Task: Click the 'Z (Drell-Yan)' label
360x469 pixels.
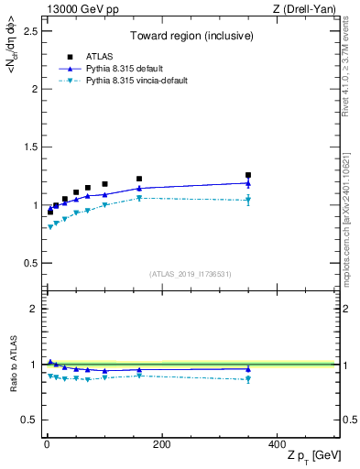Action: pyautogui.click(x=309, y=9)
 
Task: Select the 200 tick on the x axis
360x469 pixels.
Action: pyautogui.click(x=161, y=444)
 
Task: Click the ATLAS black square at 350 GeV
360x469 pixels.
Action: pyautogui.click(x=247, y=175)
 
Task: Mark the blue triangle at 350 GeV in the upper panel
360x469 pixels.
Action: pyautogui.click(x=247, y=183)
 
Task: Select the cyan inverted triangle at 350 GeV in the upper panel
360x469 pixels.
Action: pyautogui.click(x=247, y=200)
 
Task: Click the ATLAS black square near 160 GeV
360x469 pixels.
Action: pyautogui.click(x=139, y=179)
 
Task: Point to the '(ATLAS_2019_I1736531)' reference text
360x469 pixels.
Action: pyautogui.click(x=190, y=273)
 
